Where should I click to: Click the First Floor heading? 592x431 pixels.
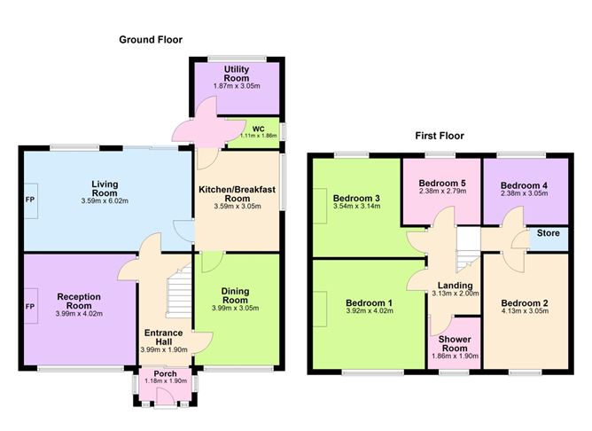pyautogui.click(x=440, y=136)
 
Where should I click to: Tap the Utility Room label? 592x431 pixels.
pyautogui.click(x=237, y=74)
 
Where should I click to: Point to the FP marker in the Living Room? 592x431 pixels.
pyautogui.click(x=30, y=199)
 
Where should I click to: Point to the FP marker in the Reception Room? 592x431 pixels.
pyautogui.click(x=30, y=307)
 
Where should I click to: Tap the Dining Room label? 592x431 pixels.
pyautogui.click(x=236, y=295)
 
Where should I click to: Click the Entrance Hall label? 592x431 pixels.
pyautogui.click(x=163, y=338)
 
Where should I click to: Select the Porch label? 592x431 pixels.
pyautogui.click(x=164, y=373)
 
